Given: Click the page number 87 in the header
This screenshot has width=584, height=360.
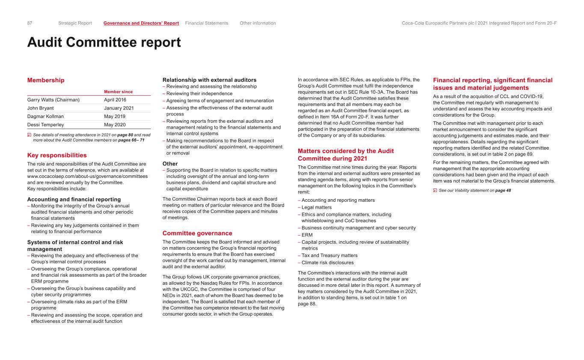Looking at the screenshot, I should [x=30, y=23].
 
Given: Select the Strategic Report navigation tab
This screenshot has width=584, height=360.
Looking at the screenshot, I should [x=75, y=23].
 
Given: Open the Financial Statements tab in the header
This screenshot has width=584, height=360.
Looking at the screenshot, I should [x=207, y=23].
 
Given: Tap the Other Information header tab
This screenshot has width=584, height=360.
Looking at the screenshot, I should [x=258, y=23].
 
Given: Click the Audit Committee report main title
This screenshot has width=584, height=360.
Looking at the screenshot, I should [x=104, y=42].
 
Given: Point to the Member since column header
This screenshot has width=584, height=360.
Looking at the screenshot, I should [x=118, y=91].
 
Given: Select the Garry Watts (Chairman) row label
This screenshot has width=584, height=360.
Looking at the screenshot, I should [x=53, y=100].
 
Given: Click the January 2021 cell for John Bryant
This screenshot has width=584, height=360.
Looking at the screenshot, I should [x=119, y=108].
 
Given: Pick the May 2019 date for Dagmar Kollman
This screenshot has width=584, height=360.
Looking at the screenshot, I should [x=115, y=116].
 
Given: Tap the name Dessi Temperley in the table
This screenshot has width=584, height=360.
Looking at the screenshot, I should [x=45, y=124].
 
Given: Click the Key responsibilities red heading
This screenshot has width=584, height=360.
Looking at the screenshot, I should [x=57, y=155].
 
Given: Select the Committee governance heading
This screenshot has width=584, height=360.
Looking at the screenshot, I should [x=197, y=233].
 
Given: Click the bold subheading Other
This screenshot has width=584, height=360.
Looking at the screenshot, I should [x=170, y=163].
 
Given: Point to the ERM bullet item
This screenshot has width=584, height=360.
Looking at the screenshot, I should [x=307, y=235].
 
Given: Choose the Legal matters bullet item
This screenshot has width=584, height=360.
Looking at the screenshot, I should [x=316, y=207].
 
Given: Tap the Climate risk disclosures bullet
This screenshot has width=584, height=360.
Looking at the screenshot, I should [x=328, y=263].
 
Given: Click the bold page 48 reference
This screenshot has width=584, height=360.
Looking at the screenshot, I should [x=503, y=190].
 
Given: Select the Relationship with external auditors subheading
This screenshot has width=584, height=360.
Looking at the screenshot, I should [x=209, y=80].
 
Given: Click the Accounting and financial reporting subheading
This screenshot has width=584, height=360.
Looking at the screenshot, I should [x=74, y=199].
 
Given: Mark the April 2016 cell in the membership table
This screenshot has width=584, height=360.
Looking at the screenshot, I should [x=115, y=100].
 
